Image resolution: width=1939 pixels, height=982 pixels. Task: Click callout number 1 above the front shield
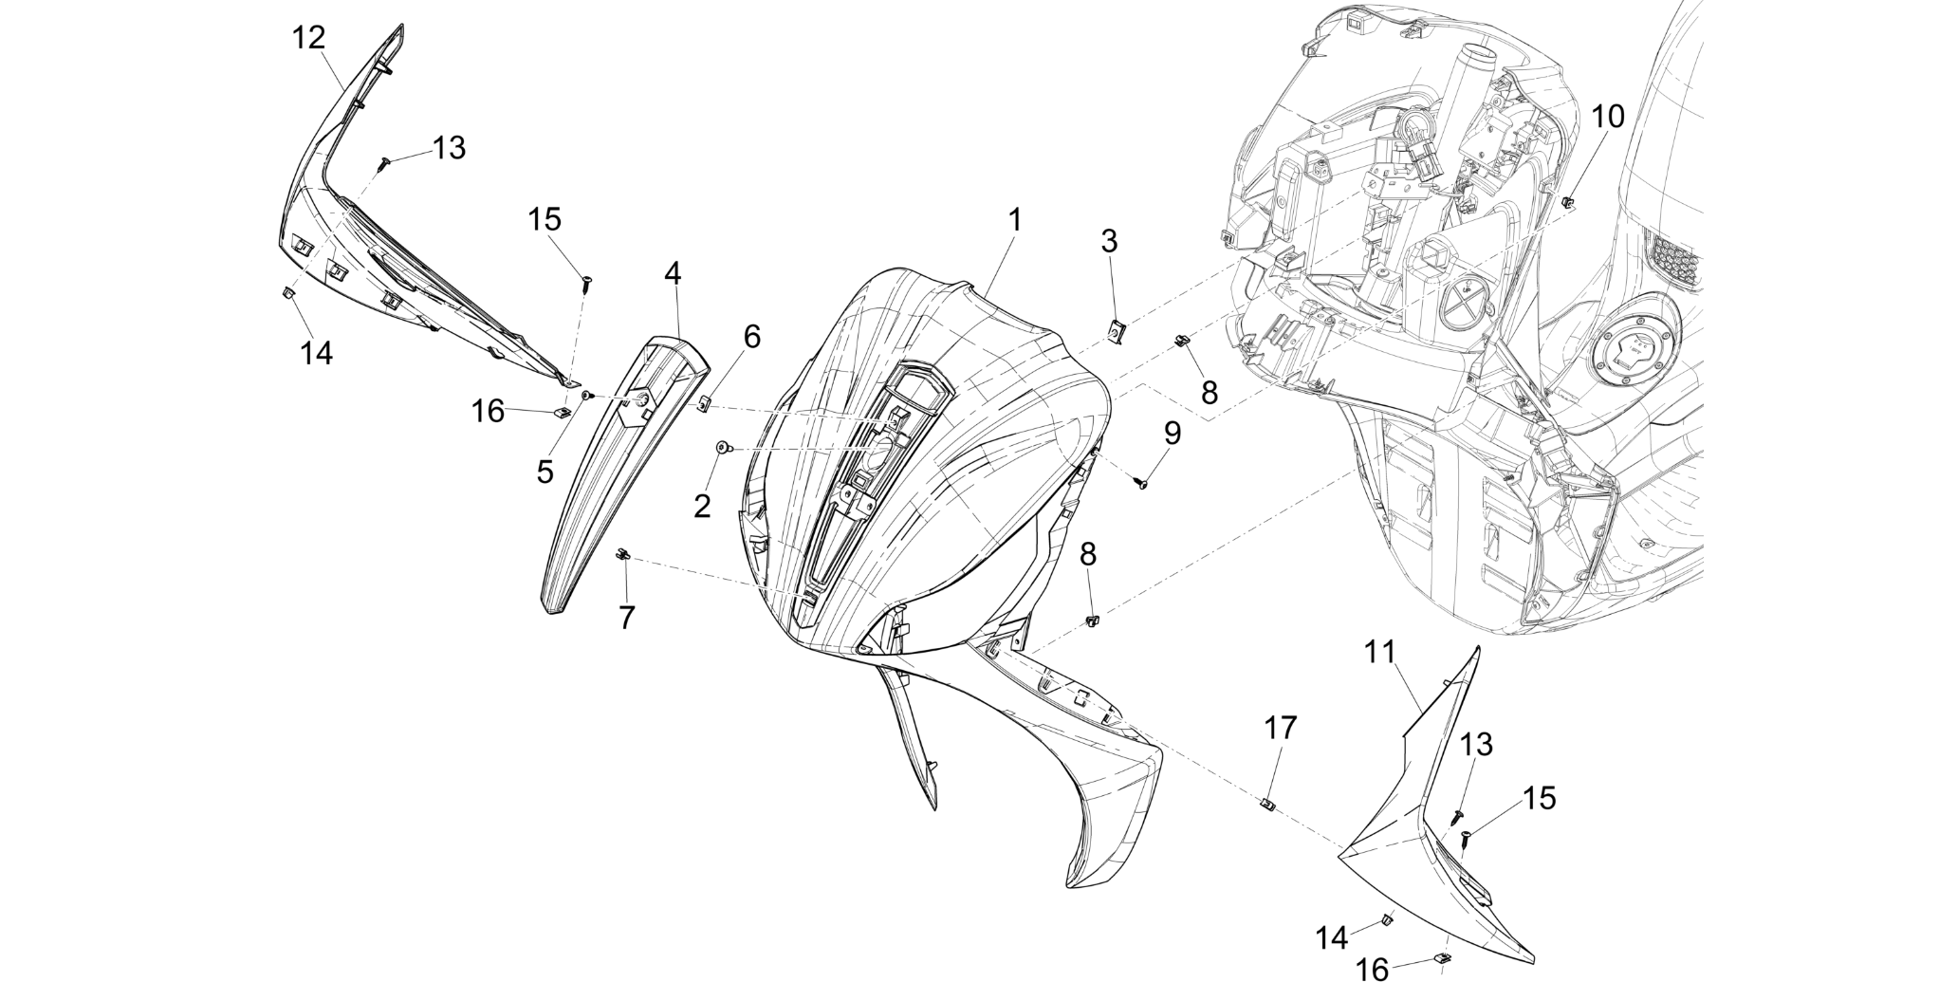tap(1015, 220)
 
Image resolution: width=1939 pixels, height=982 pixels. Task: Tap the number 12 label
tap(309, 38)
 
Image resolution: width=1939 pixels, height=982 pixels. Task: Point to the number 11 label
tap(1380, 653)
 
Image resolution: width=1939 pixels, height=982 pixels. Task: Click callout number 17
tap(1279, 729)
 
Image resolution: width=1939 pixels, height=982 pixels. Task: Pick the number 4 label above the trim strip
tap(673, 273)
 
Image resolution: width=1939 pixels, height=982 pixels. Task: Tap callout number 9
tap(1173, 434)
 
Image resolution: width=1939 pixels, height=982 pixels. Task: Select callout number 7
tap(626, 618)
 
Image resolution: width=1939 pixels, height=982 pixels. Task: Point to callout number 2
tap(702, 507)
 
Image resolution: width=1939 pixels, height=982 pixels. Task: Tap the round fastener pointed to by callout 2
tap(723, 448)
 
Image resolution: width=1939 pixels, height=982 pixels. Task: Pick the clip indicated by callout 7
tap(623, 554)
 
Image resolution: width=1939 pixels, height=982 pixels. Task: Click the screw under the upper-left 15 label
tap(587, 281)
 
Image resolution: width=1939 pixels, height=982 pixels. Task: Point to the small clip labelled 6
tap(703, 406)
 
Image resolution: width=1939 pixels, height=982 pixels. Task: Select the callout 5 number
tap(545, 472)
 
